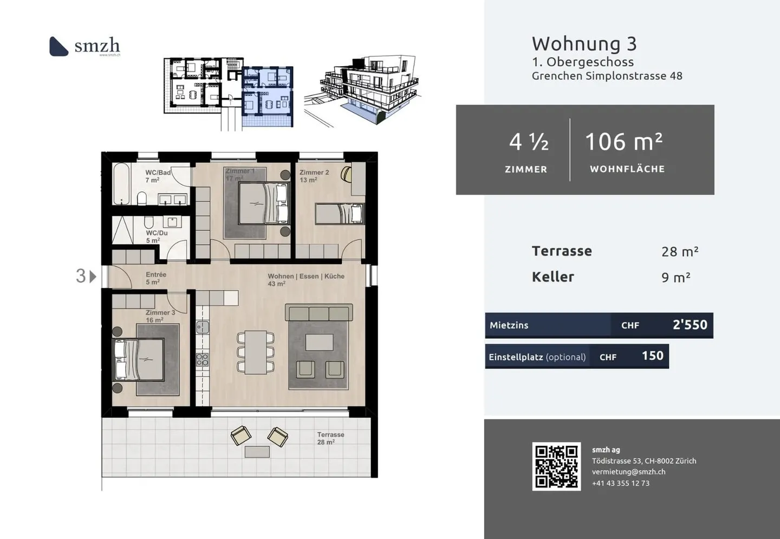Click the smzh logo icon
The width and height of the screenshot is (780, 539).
point(58,46)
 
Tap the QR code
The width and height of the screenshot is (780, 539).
point(556,466)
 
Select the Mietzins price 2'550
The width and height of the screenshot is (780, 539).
point(690,325)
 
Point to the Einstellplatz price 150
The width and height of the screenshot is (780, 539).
point(652,356)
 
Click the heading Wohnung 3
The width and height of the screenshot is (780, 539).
point(584,43)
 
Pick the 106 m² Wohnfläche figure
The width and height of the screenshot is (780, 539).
point(623,142)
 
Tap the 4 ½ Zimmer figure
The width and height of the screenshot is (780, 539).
point(528,142)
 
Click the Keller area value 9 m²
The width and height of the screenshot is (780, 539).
point(675,278)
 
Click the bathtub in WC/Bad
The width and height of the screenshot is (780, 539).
point(121,183)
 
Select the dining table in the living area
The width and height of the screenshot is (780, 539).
point(256,352)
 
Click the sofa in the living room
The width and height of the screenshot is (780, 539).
point(318,313)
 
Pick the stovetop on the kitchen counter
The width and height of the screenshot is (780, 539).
point(202,360)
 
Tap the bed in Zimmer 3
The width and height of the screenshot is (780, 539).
point(139,360)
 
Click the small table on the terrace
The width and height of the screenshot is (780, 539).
point(257,452)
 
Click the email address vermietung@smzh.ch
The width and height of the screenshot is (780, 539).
point(628,472)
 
